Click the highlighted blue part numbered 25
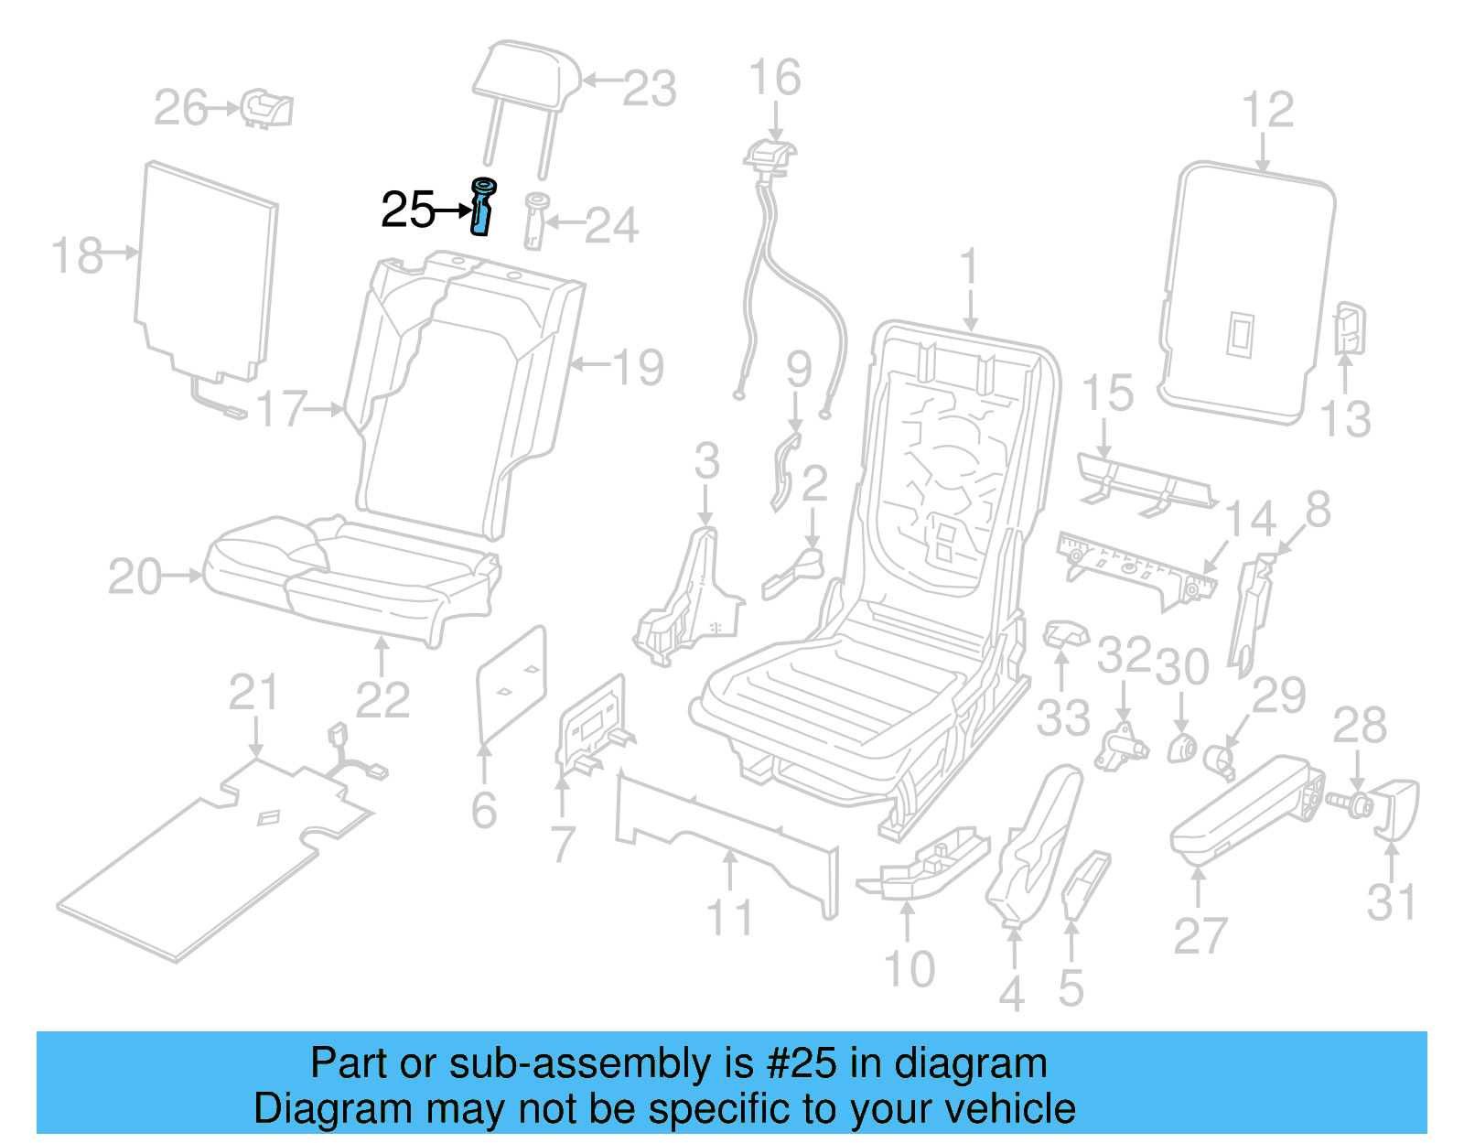tap(481, 208)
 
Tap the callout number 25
tap(407, 210)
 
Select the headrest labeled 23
tap(527, 73)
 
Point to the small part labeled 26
tap(266, 109)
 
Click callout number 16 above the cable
tap(774, 78)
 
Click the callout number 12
tap(1267, 110)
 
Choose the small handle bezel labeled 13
tap(1350, 329)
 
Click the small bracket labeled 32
tap(1122, 743)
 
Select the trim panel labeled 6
tap(511, 685)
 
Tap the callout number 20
tap(135, 577)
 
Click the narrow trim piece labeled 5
tap(1085, 883)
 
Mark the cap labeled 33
tap(1065, 631)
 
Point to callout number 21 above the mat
tap(253, 693)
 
